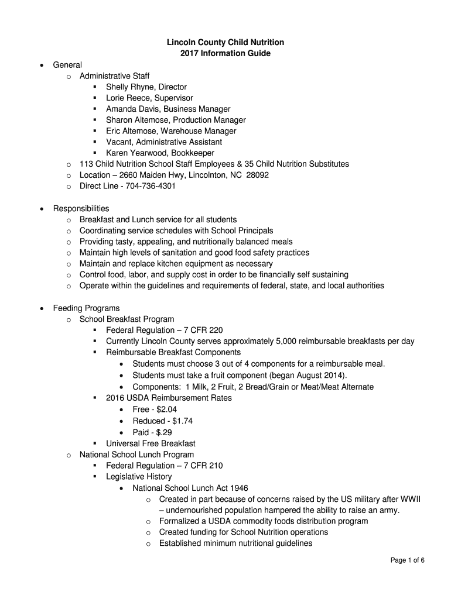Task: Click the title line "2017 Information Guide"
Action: [x=225, y=53]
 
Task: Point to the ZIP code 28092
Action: [x=257, y=175]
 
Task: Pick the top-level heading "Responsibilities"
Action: [x=81, y=208]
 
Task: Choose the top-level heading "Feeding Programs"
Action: [x=86, y=308]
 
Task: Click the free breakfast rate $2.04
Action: [x=163, y=409]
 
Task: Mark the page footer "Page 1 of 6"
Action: [x=408, y=560]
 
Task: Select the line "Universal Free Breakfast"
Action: [x=151, y=443]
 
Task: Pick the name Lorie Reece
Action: [x=127, y=98]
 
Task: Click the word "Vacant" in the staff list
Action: [x=119, y=142]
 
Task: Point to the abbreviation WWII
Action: [x=411, y=499]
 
